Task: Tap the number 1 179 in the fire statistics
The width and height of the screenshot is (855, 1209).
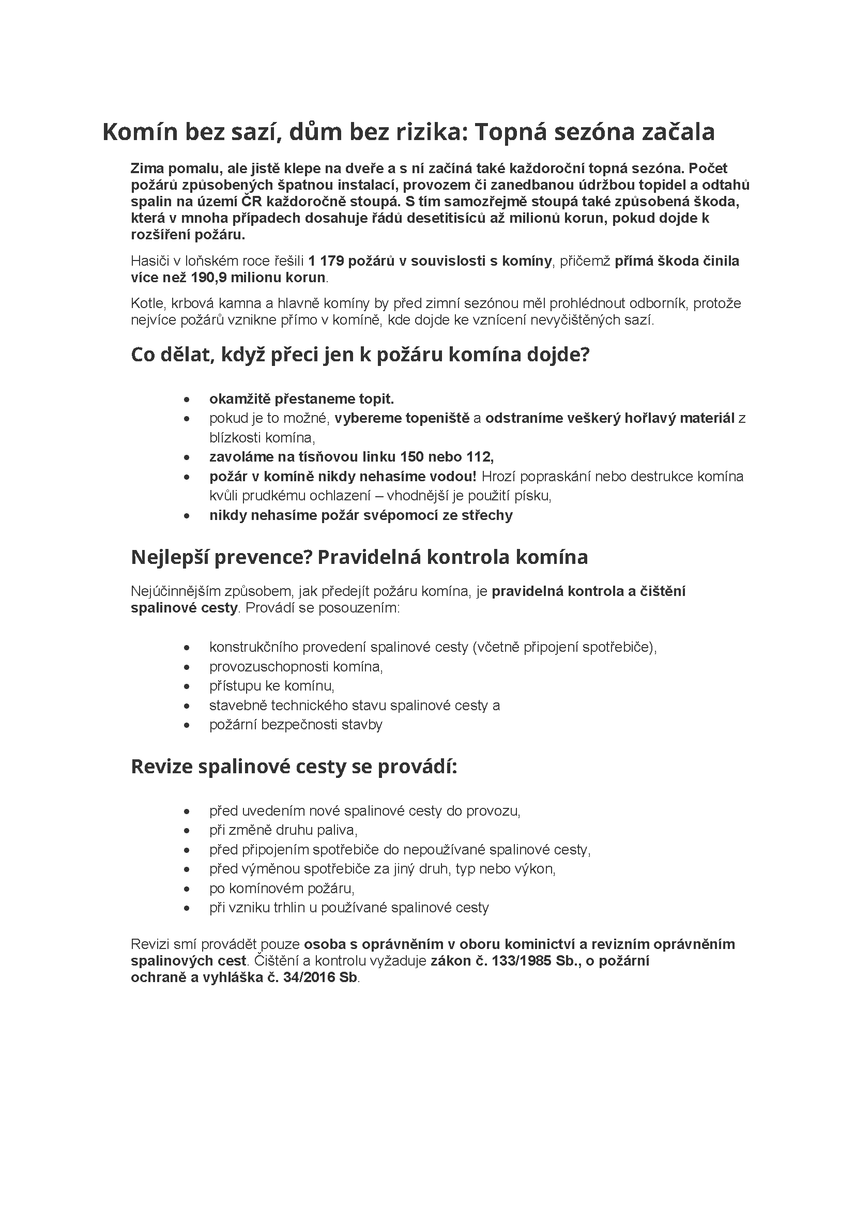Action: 326,261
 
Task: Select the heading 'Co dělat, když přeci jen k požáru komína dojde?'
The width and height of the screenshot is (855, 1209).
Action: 360,355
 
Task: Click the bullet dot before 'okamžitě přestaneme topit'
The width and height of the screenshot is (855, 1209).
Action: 187,400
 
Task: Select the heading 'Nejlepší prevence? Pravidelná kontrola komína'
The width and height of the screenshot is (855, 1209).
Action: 359,557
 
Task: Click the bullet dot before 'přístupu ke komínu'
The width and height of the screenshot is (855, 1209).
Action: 187,686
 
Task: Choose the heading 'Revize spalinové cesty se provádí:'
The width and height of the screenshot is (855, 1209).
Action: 294,767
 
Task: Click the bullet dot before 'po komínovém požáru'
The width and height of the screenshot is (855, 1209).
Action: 187,889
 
